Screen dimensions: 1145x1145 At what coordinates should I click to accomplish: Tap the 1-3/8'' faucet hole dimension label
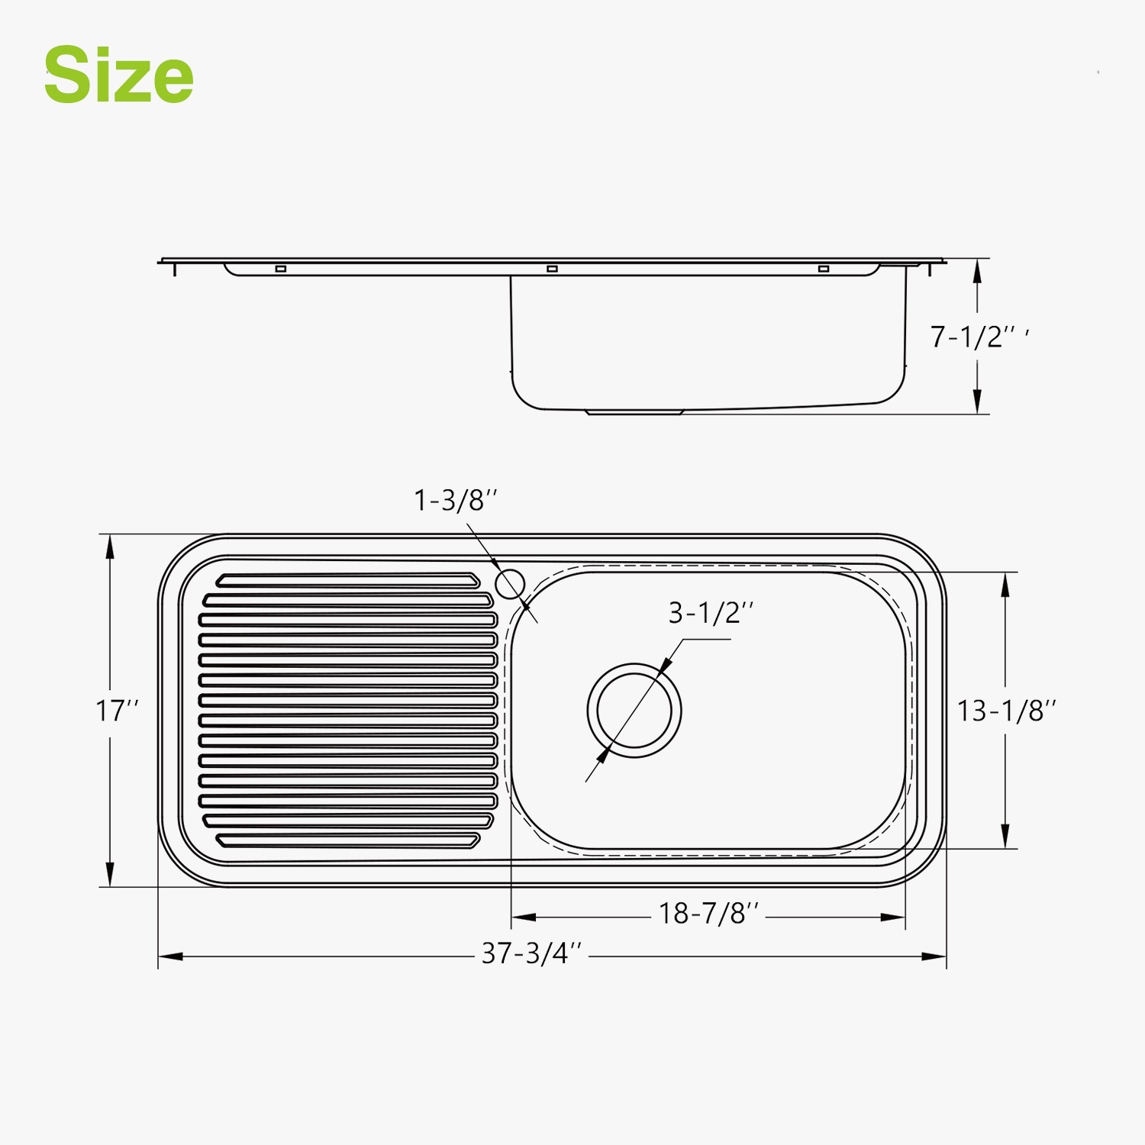click(455, 501)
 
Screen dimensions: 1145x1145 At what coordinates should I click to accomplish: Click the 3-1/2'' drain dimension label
click(711, 613)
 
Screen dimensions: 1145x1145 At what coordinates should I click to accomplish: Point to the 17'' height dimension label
click(116, 711)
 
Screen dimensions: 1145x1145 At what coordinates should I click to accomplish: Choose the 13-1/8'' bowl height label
click(1006, 711)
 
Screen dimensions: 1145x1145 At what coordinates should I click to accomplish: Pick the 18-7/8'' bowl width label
click(708, 914)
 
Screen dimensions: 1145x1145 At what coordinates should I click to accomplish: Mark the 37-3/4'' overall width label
click(531, 953)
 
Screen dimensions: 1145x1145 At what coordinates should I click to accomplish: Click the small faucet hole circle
click(510, 584)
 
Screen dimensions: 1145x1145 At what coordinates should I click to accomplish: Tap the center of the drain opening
click(634, 711)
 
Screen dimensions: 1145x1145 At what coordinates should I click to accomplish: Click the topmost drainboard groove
click(347, 581)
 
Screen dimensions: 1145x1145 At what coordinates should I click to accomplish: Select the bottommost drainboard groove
click(347, 840)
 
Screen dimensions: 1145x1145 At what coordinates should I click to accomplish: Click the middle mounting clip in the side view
click(552, 269)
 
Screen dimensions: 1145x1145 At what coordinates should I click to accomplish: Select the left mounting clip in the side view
click(280, 269)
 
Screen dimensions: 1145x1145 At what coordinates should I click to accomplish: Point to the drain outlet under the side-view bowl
click(634, 413)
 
